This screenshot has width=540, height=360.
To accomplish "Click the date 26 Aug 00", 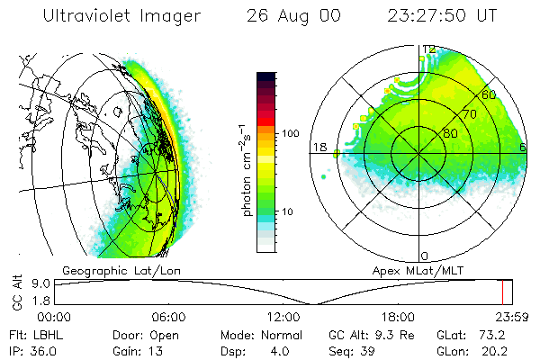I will coord(284,17).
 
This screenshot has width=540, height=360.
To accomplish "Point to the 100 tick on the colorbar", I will coord(290,133).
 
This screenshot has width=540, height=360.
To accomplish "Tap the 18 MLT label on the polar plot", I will coord(319,147).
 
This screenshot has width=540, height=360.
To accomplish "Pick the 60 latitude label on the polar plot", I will coord(490,94).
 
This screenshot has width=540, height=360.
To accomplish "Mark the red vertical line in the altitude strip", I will coord(503,292).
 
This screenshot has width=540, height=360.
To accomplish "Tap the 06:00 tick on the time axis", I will coord(168,317).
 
